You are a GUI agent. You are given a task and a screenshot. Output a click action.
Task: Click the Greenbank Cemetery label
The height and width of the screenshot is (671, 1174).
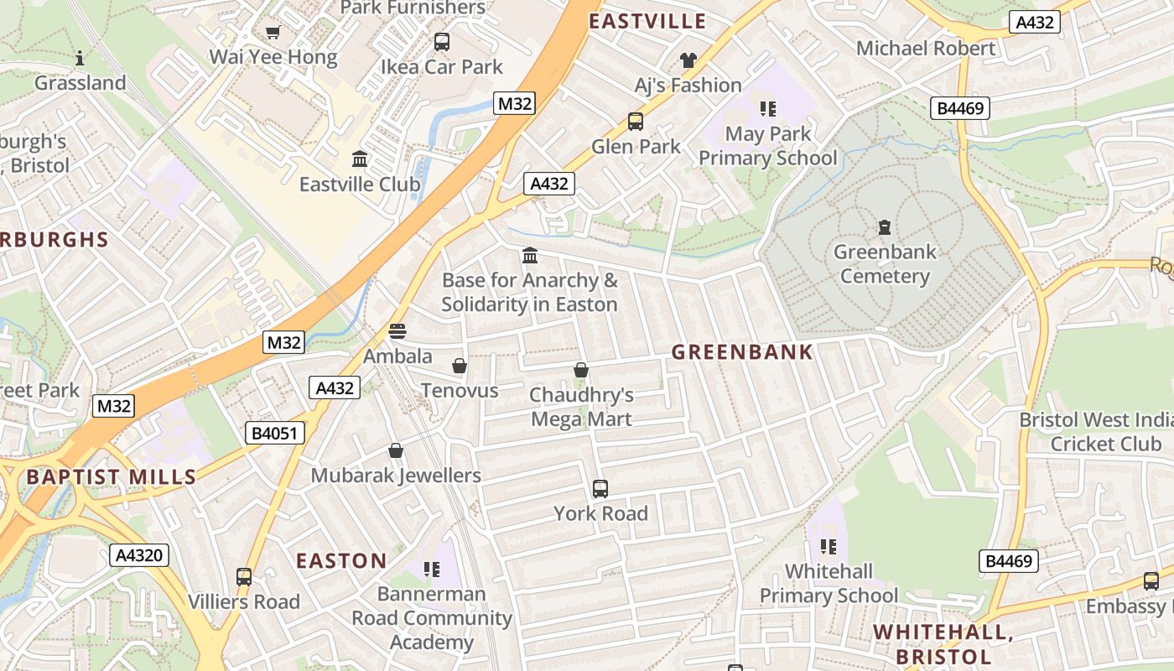[x=884, y=263]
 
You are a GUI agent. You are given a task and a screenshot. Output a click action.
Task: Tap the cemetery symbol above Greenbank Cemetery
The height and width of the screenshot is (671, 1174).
[x=884, y=226]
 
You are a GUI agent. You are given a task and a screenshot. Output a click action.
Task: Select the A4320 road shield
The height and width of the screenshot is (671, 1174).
[x=139, y=554]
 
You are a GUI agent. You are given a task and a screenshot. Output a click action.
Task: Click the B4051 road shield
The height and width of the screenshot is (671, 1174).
[x=274, y=433]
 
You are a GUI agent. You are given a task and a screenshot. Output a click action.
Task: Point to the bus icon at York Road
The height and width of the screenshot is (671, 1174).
[x=600, y=488]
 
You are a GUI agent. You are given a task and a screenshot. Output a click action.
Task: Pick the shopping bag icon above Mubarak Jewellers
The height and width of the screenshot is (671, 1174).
[x=396, y=451]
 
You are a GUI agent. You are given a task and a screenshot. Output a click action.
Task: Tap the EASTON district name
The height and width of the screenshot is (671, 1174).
[x=342, y=560]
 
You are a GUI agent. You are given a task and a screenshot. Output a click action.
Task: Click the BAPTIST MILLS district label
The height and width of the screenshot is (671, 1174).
[x=111, y=477]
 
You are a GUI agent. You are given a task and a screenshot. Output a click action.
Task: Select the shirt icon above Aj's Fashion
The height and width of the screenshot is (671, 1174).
[x=688, y=60]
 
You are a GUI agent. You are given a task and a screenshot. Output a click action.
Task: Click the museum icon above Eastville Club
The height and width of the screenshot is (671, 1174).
[x=360, y=159]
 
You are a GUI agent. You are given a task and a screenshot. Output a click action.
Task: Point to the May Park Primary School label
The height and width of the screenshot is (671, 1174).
[x=768, y=146]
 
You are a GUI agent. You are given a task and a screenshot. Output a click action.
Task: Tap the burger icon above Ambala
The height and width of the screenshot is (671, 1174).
[x=397, y=331]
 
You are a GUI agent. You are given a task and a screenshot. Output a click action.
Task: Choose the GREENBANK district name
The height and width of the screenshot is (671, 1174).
[x=742, y=352]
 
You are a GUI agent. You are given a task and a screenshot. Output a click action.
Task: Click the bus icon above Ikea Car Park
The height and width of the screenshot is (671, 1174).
[x=441, y=42]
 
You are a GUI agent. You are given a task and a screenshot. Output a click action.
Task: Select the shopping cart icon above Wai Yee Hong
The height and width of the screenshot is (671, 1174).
[x=273, y=33]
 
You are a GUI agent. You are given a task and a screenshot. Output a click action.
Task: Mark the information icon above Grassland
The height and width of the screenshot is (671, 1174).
[x=80, y=58]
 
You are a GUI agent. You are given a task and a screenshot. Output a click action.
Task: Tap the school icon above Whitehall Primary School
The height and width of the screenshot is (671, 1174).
[x=829, y=547]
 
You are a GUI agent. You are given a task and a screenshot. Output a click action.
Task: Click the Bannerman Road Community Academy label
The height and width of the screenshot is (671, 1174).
[x=432, y=618]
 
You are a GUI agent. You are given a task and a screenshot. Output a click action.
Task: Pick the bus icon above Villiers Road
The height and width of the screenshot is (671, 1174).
[x=244, y=577]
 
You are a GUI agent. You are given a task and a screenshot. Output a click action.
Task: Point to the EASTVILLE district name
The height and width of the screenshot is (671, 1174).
[x=647, y=21]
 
